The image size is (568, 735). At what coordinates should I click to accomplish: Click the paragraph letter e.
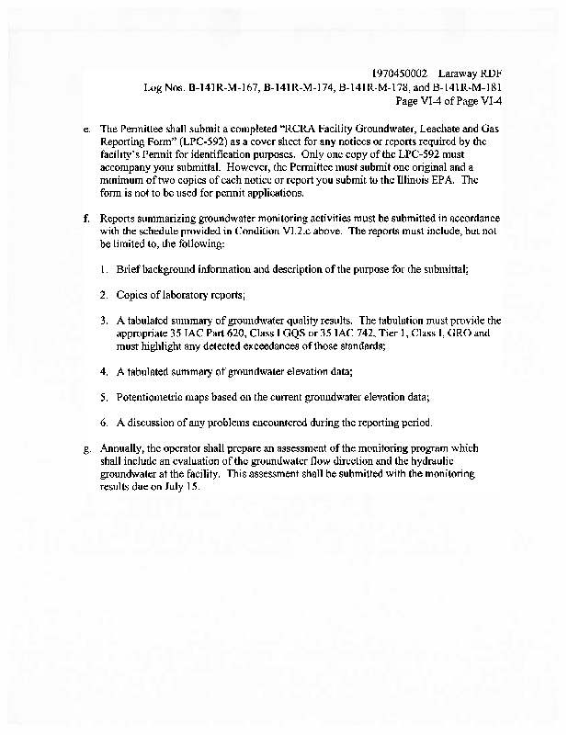pyautogui.click(x=85, y=129)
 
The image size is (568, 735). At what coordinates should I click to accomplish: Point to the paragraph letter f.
pyautogui.click(x=85, y=219)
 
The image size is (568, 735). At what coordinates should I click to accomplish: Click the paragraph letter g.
pyautogui.click(x=85, y=447)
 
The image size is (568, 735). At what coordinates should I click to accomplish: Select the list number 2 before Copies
pyautogui.click(x=105, y=294)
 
